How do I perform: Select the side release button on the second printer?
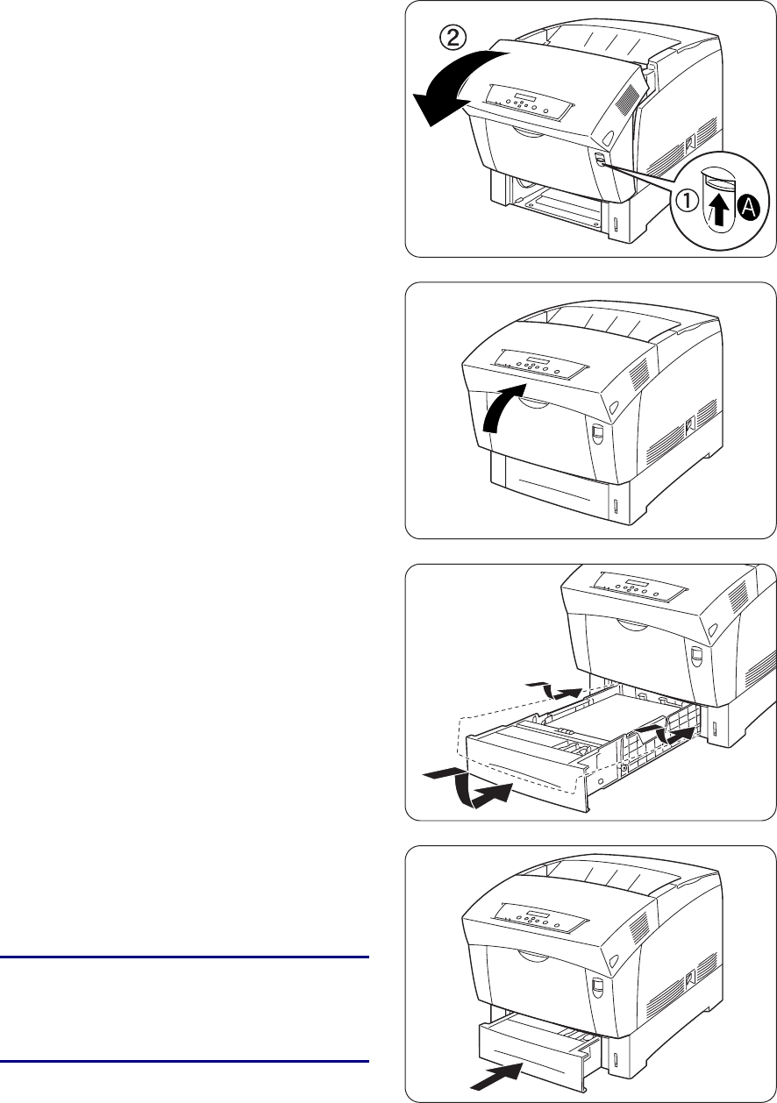coord(597,436)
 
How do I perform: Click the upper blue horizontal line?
coord(183,957)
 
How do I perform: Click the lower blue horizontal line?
coord(183,1062)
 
